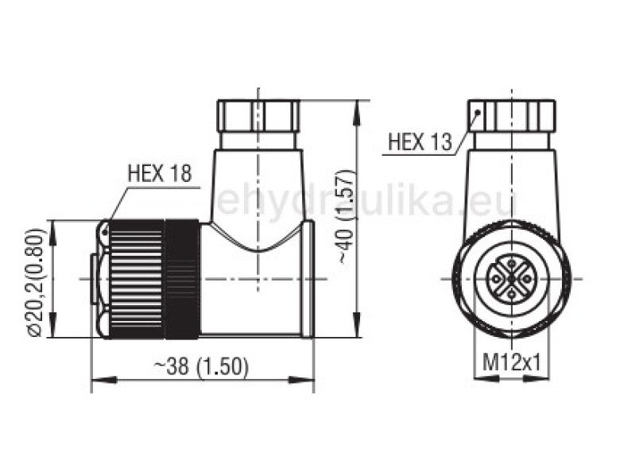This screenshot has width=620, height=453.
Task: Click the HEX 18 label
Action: tap(159, 174)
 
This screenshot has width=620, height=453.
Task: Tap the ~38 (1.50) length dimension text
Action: tap(202, 366)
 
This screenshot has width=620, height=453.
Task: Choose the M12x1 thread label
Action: tap(513, 363)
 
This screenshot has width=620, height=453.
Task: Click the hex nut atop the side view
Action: tap(259, 116)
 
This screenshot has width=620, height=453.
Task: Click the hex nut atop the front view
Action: tap(512, 116)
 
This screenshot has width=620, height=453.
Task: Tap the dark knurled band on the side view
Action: tap(181, 279)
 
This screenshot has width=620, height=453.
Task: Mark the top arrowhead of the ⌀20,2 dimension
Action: tap(52, 226)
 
